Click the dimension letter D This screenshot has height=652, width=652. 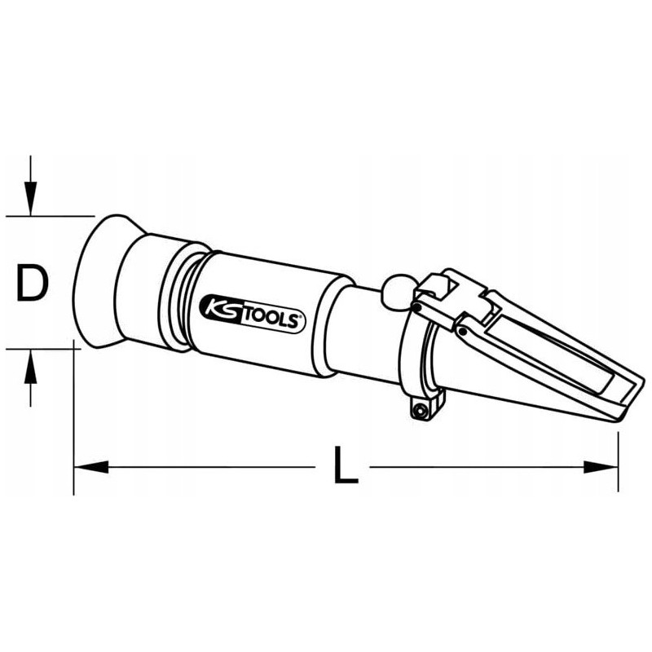point(32,284)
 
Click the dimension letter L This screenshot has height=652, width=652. point(346,465)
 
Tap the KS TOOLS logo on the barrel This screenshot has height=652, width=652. point(253,314)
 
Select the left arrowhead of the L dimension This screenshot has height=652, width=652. point(91,467)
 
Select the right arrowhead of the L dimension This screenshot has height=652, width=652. point(601,467)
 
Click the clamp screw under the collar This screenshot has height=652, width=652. point(419,411)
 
